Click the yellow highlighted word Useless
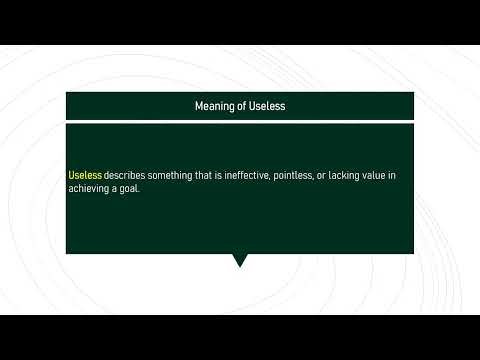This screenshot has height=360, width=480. tap(85, 175)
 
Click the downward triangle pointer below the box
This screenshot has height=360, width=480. tap(240, 261)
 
